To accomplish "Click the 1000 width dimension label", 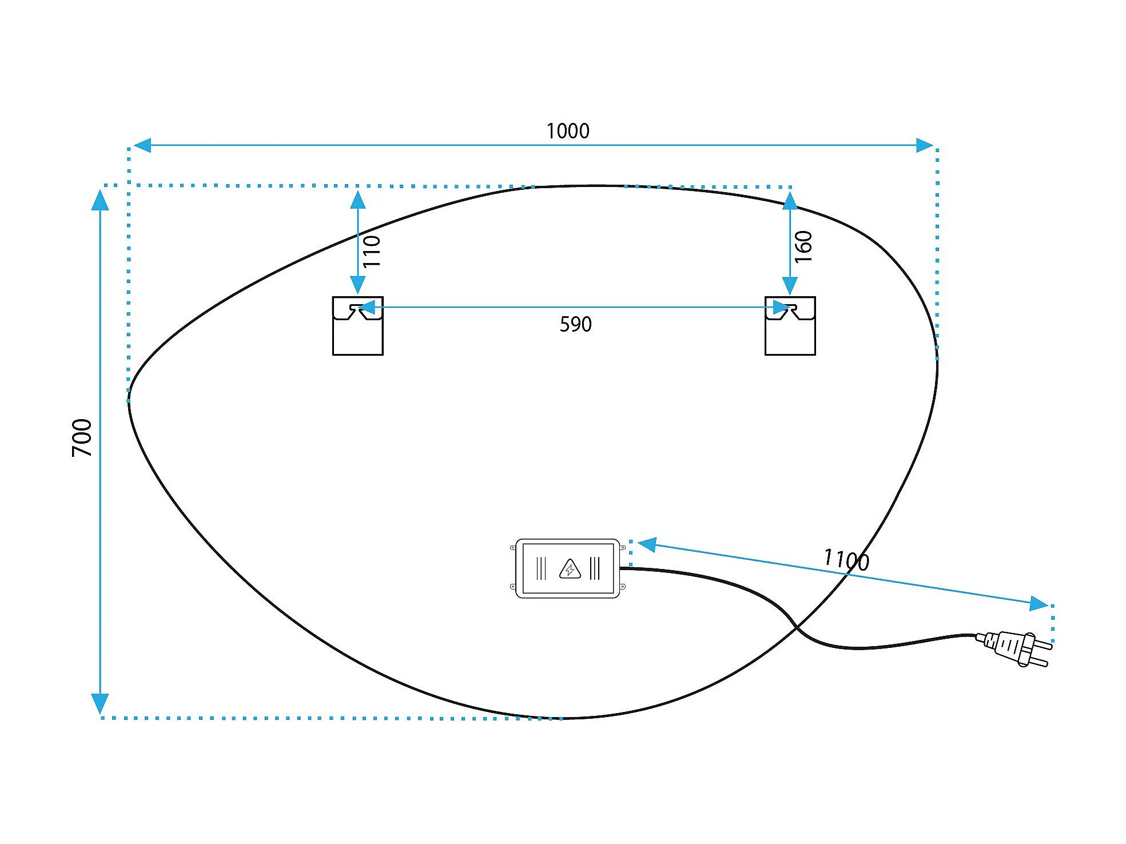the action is [567, 131].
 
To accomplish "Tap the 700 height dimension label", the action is [82, 437].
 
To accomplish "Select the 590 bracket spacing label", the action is [575, 325].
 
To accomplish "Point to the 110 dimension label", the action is [372, 251].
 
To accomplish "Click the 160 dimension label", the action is [803, 246].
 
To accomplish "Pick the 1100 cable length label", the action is [846, 559].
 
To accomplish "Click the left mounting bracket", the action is [357, 326].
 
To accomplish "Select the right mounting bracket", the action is [790, 326].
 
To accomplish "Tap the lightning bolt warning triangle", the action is [570, 569].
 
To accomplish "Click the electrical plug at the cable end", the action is [1015, 648].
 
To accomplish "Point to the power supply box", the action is [567, 568].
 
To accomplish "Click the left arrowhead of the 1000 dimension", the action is [142, 145].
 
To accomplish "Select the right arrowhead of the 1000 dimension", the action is [924, 145].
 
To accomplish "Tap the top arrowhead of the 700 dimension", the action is [100, 200].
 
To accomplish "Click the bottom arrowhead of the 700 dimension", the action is [100, 703].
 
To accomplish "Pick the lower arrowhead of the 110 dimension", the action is [357, 285].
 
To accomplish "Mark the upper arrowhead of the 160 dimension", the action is [790, 201].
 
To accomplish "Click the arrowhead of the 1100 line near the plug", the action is [1039, 603].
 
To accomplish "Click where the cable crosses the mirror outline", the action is [797, 628].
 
